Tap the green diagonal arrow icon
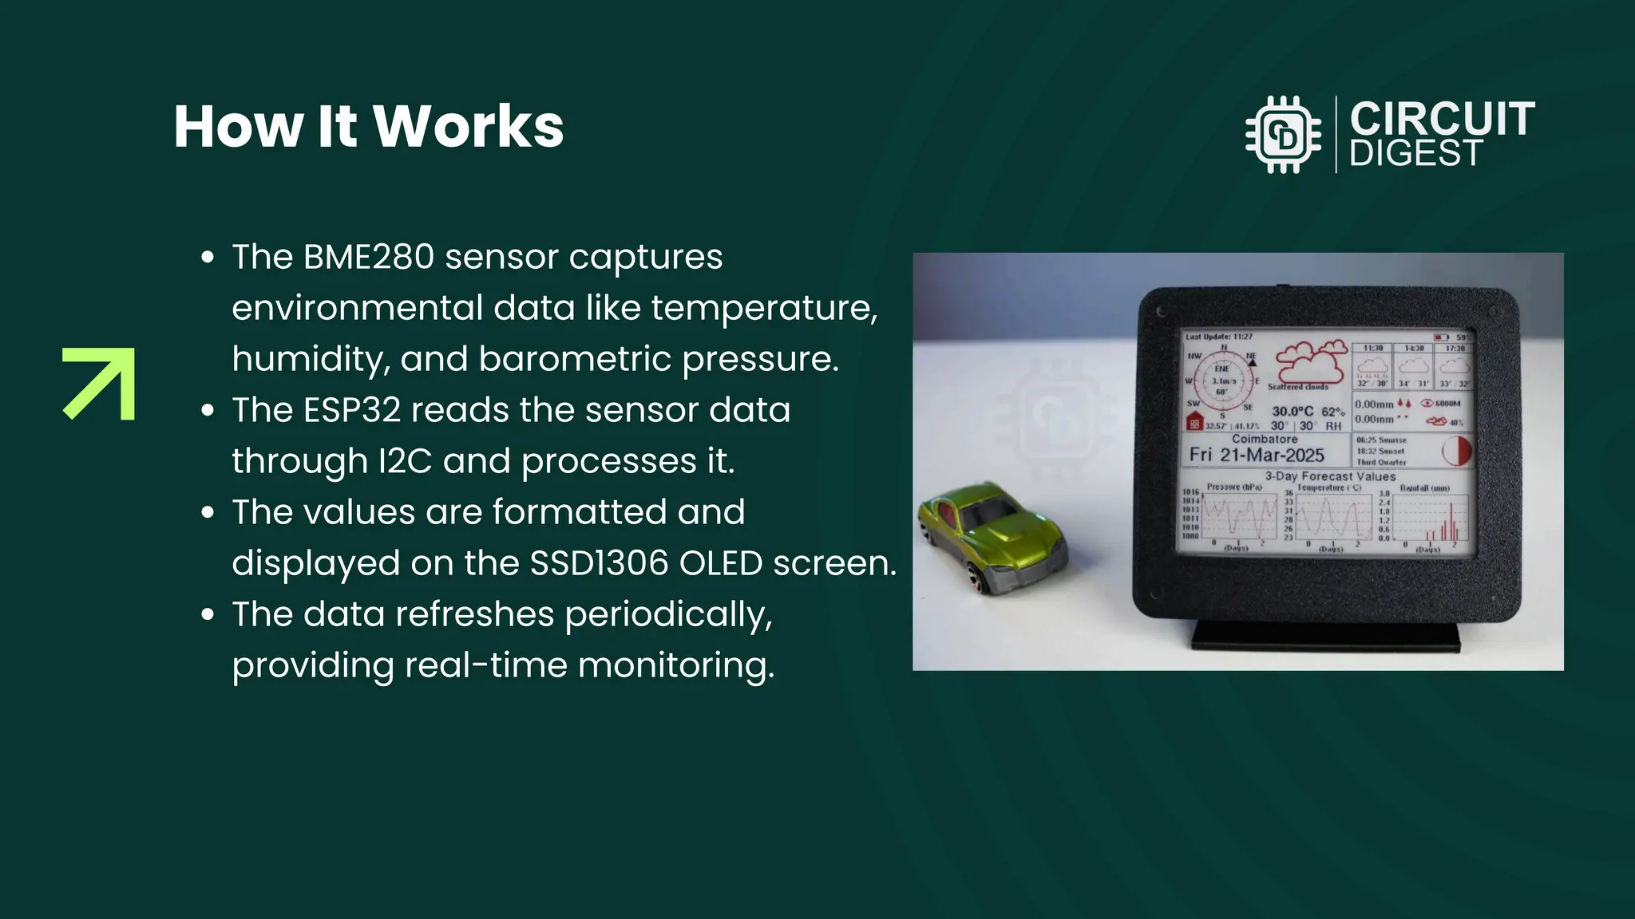(x=99, y=384)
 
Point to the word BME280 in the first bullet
(x=369, y=257)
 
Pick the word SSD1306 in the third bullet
(x=599, y=563)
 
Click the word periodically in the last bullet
(x=668, y=615)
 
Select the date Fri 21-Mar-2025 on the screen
(x=1257, y=456)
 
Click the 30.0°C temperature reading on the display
(x=1292, y=412)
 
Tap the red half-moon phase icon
(x=1457, y=451)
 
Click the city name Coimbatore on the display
(x=1264, y=439)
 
